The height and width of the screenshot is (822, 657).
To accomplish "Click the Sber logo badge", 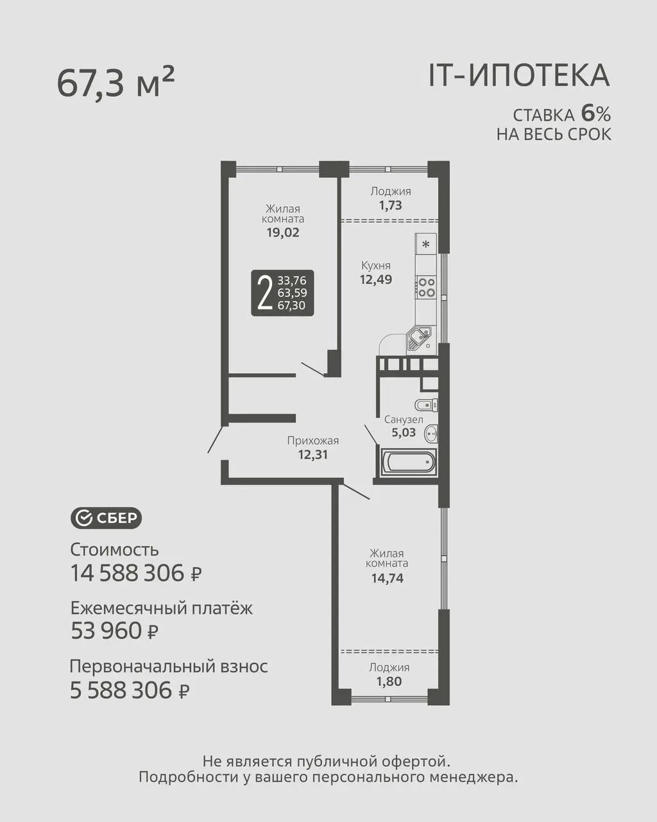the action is tap(106, 518).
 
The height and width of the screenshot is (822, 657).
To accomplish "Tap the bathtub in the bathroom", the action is tap(409, 462).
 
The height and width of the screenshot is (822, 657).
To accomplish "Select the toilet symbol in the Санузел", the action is tap(426, 405).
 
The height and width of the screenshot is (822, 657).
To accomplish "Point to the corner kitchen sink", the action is tap(419, 338).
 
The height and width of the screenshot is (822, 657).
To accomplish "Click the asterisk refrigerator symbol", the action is tap(426, 243).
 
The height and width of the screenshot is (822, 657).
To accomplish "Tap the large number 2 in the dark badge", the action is tap(265, 293).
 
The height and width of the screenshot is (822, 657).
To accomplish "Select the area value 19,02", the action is tap(283, 232).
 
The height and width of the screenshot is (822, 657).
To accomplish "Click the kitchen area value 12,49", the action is tap(376, 279).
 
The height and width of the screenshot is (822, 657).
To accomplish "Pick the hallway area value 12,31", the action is tap(313, 455).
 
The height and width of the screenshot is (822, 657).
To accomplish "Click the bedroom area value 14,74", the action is tap(388, 578).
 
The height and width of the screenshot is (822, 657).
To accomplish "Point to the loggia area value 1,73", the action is tap(391, 205).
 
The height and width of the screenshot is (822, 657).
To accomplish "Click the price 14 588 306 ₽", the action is tap(136, 573).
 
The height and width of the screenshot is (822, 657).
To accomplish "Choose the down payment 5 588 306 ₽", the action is tap(130, 690).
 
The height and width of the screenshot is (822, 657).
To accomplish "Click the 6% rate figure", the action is tap(596, 114).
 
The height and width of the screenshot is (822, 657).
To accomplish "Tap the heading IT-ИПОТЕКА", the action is tap(519, 76).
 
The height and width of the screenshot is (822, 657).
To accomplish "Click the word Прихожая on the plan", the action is tap(313, 441).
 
